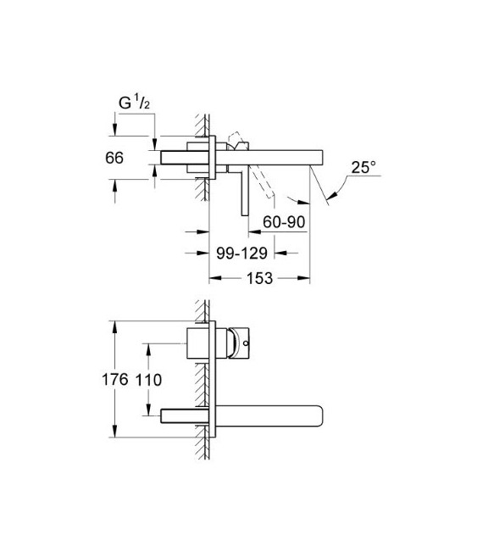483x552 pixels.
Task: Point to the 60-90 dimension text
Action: (284, 221)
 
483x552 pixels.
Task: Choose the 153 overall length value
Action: (259, 278)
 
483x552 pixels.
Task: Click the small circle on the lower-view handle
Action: (245, 344)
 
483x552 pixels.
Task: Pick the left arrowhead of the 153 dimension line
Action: (213, 278)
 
